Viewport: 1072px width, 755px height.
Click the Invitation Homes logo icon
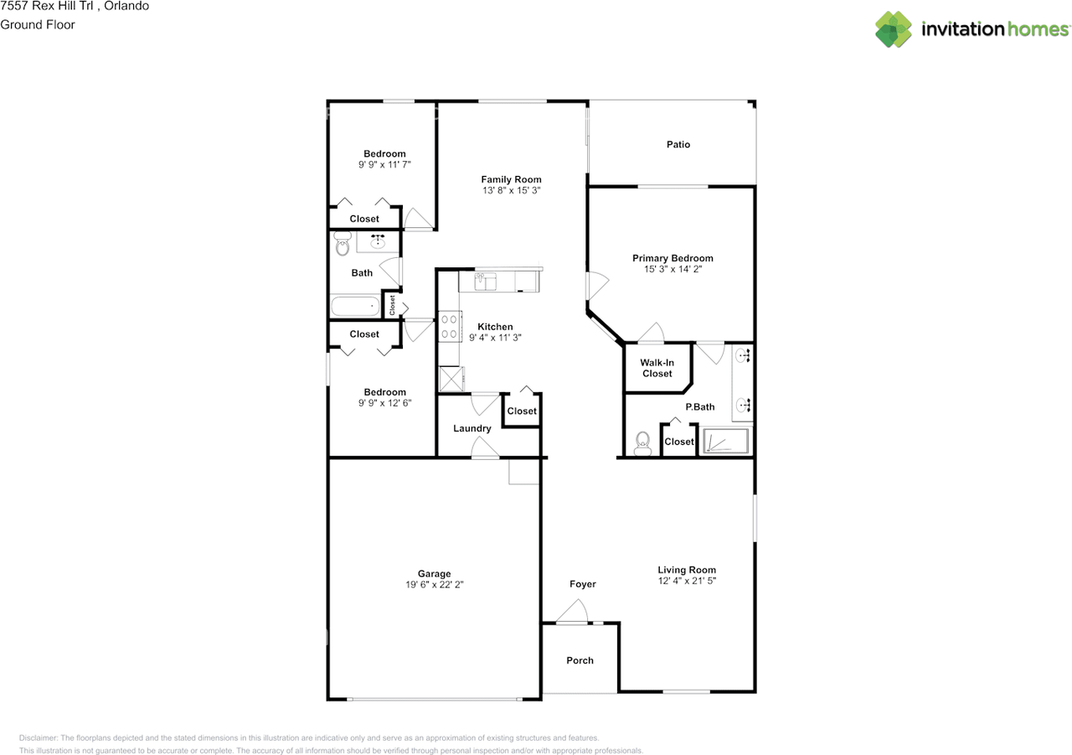(x=894, y=29)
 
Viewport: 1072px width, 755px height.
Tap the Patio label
(x=678, y=145)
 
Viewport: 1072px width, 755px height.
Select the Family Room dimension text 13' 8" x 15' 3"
(x=511, y=191)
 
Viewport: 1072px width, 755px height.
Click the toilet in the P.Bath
(x=642, y=443)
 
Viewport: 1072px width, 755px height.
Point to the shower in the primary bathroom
(x=725, y=441)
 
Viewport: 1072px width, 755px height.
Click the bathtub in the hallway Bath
(x=355, y=306)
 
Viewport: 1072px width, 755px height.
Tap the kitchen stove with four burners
(x=449, y=326)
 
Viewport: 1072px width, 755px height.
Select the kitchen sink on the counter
(x=486, y=282)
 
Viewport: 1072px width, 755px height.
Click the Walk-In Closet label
(x=657, y=368)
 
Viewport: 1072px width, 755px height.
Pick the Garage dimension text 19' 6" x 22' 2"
(x=435, y=585)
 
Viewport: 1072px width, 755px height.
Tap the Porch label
(x=580, y=660)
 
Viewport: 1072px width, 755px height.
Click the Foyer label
(x=583, y=584)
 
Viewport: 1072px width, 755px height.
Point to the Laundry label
(x=472, y=429)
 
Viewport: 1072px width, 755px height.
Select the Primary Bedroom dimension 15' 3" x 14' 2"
(x=673, y=270)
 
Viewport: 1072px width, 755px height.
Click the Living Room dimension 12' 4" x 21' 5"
(x=687, y=581)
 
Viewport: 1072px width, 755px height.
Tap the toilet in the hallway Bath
(x=342, y=245)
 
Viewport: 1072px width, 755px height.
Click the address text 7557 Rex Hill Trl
(x=45, y=6)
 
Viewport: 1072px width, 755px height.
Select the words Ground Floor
(x=38, y=24)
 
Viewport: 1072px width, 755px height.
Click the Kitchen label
(x=495, y=327)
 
